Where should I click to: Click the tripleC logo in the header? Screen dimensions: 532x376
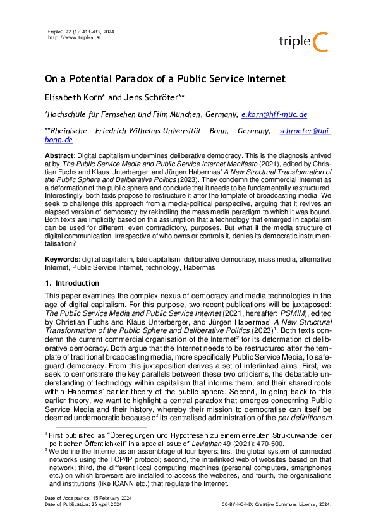pos(303,41)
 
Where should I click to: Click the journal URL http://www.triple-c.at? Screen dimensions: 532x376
pos(75,37)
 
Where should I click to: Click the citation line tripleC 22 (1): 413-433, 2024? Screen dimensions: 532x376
pos(81,32)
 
